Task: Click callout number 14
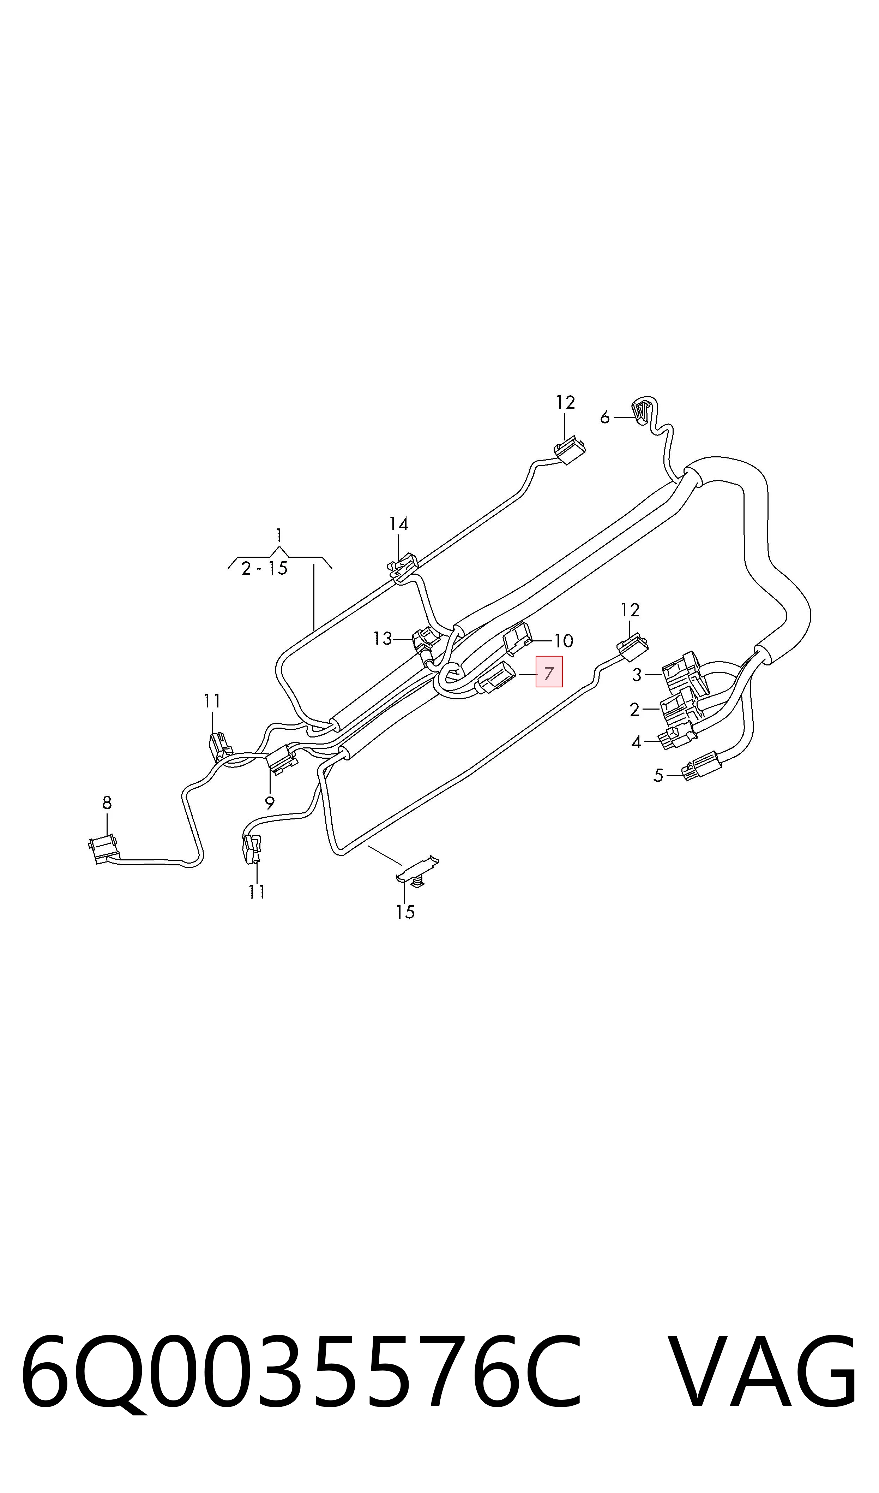click(x=399, y=524)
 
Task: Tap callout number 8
click(x=107, y=803)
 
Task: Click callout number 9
click(x=270, y=803)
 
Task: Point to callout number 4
click(x=636, y=742)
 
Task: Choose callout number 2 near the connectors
click(x=634, y=710)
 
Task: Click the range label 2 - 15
click(x=264, y=568)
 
